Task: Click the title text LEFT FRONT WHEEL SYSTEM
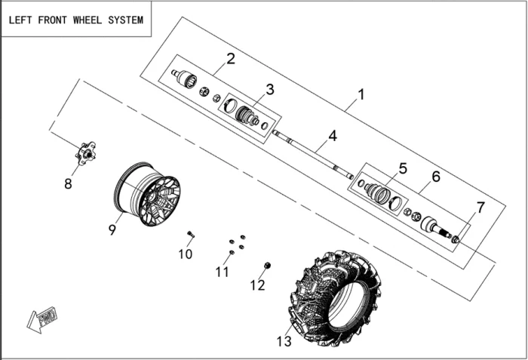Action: (x=75, y=20)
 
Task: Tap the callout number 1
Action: (x=361, y=95)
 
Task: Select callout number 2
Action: (x=231, y=58)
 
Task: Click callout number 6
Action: (x=435, y=177)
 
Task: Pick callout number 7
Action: (x=480, y=208)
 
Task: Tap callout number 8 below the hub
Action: (x=68, y=183)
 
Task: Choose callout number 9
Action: (x=112, y=229)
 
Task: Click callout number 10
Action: (x=186, y=254)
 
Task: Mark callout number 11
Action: (x=222, y=272)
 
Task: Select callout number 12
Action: (x=258, y=285)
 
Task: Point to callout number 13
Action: (x=283, y=342)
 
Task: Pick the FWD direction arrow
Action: (x=42, y=318)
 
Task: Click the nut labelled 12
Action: (x=268, y=266)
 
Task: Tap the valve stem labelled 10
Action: (x=191, y=234)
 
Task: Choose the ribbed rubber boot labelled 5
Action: (x=378, y=194)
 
